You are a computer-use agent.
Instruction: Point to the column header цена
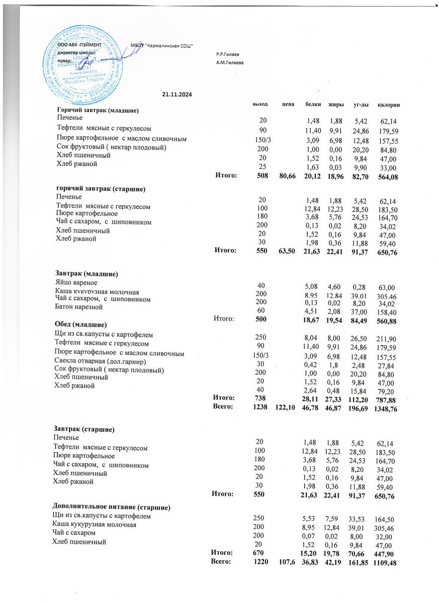tap(288, 104)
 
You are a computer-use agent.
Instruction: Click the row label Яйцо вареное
tap(74, 283)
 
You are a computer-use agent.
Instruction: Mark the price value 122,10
tap(285, 409)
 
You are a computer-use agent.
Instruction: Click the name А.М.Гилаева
tap(229, 63)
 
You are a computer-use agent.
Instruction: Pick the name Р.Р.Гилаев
tap(227, 54)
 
